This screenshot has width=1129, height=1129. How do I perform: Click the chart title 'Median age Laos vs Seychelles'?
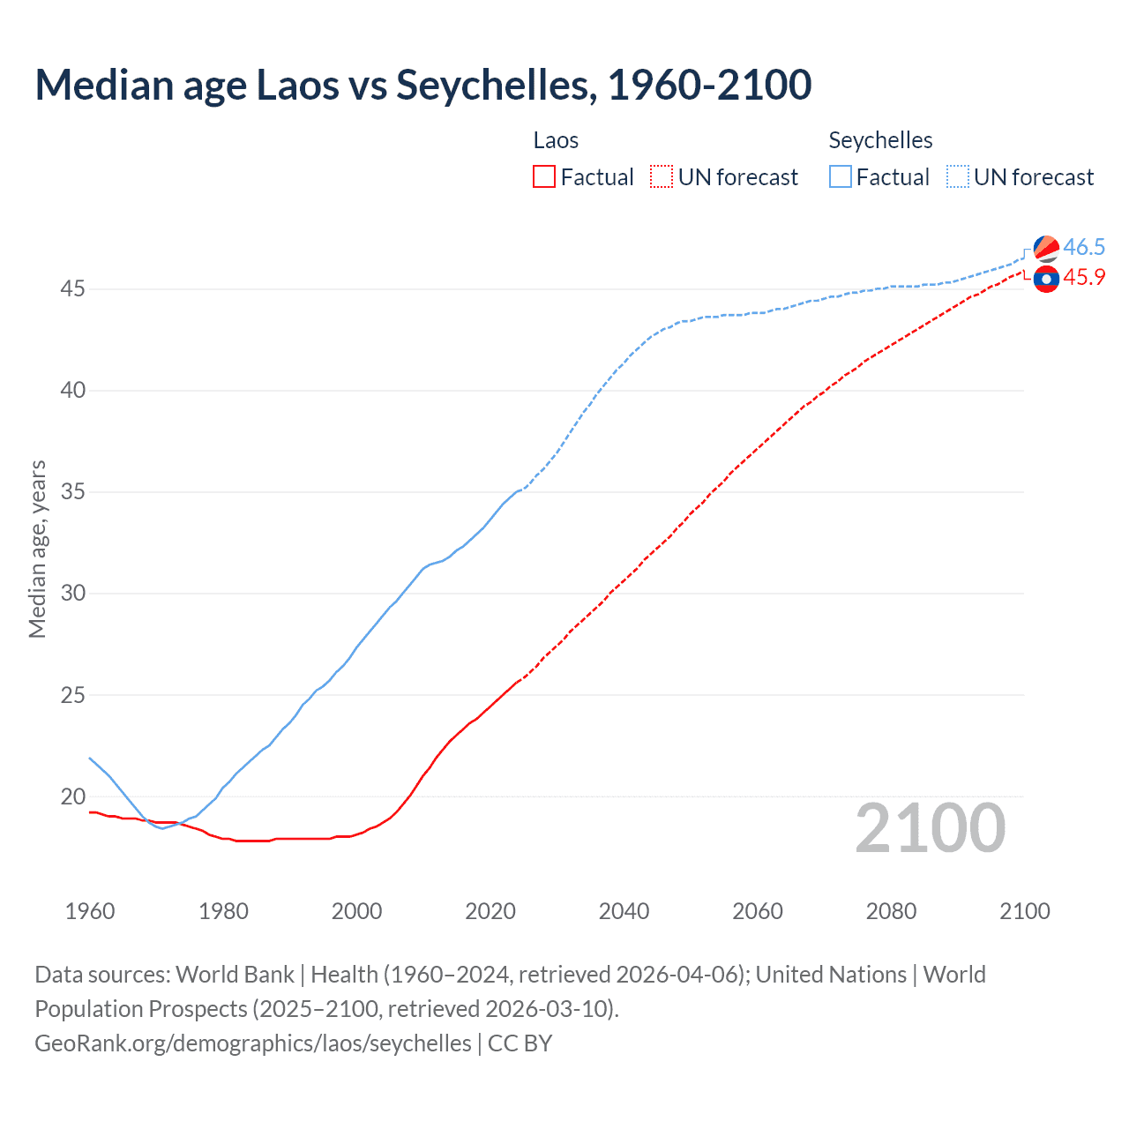tap(422, 85)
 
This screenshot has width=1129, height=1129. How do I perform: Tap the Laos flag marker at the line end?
tap(1046, 279)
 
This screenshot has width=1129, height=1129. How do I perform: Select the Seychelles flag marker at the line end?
tap(1046, 249)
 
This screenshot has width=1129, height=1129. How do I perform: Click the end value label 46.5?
tap(1084, 247)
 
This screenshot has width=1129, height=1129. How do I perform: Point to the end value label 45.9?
tap(1084, 277)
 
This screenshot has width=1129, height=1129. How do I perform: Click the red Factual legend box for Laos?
tap(544, 177)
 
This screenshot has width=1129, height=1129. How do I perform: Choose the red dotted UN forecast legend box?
tap(662, 177)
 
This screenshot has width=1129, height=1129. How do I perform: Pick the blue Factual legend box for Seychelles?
tap(841, 177)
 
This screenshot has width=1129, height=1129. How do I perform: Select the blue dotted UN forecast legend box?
tap(958, 177)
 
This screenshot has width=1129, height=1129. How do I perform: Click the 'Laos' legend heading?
tap(556, 140)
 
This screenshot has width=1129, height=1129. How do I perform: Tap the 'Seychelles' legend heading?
tap(880, 140)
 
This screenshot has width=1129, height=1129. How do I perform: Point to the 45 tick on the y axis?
tap(73, 288)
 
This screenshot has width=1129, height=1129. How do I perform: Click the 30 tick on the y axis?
tap(73, 593)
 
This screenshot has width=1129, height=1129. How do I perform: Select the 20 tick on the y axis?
tap(73, 796)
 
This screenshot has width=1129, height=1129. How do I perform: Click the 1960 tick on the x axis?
tap(90, 911)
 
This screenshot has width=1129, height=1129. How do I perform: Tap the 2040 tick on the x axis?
tap(624, 911)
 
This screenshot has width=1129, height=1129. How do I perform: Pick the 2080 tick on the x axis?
tap(891, 911)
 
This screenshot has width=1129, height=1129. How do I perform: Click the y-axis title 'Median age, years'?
tap(37, 549)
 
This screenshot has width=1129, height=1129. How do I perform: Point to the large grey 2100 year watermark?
tap(930, 828)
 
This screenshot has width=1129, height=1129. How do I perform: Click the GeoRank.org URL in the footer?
tap(253, 1043)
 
